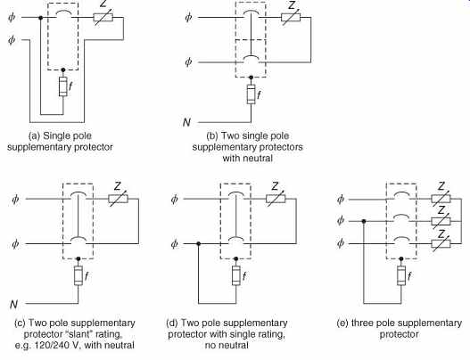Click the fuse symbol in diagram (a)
pyautogui.click(x=63, y=86)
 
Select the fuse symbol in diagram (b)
pyautogui.click(x=251, y=94)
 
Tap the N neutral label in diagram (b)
pyautogui.click(x=186, y=122)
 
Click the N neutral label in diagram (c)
pyautogui.click(x=13, y=304)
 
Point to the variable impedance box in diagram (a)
pyautogui.click(x=103, y=17)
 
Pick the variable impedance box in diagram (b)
pyautogui.click(x=291, y=17)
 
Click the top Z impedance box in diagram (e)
pyautogui.click(x=441, y=199)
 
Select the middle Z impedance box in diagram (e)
pyautogui.click(x=441, y=221)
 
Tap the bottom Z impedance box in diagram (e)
pyautogui.click(x=441, y=243)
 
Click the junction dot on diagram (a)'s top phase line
pyautogui.click(x=41, y=18)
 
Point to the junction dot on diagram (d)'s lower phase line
pyautogui.click(x=198, y=244)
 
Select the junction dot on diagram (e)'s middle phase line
pyautogui.click(x=364, y=221)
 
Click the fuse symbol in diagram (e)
pyautogui.click(x=401, y=275)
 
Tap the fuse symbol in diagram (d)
pyautogui.click(x=236, y=275)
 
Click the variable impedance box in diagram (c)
pyautogui.click(x=118, y=199)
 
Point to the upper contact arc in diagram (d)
pyautogui.click(x=235, y=194)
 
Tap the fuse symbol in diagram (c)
pyautogui.click(x=78, y=275)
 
